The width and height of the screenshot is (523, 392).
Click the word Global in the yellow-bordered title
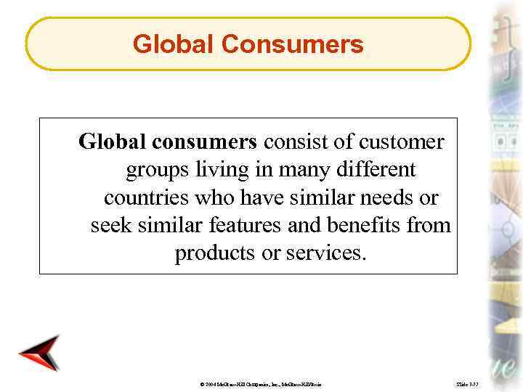(x=174, y=45)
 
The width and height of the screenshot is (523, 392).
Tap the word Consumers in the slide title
(x=292, y=45)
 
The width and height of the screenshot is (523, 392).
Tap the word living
(x=215, y=170)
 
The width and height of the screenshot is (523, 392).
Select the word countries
(x=143, y=198)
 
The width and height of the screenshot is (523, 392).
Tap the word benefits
(x=359, y=226)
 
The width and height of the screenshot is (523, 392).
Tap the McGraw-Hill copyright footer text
(x=268, y=382)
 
